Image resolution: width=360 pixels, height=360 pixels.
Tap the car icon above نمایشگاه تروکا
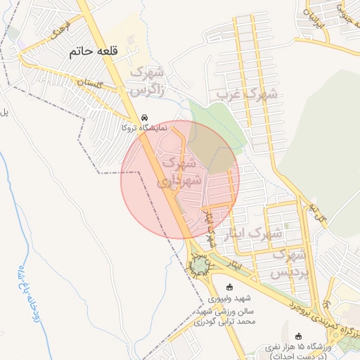coord(144,118)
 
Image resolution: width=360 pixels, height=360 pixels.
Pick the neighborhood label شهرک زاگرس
coord(147,81)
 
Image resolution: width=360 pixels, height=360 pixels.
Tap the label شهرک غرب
coord(246,93)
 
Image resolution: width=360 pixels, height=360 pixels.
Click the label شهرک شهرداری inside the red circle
coord(181,171)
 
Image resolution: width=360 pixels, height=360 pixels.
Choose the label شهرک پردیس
coord(290,262)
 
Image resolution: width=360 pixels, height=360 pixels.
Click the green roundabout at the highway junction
coord(201,265)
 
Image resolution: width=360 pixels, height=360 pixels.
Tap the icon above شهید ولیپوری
coord(229,287)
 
